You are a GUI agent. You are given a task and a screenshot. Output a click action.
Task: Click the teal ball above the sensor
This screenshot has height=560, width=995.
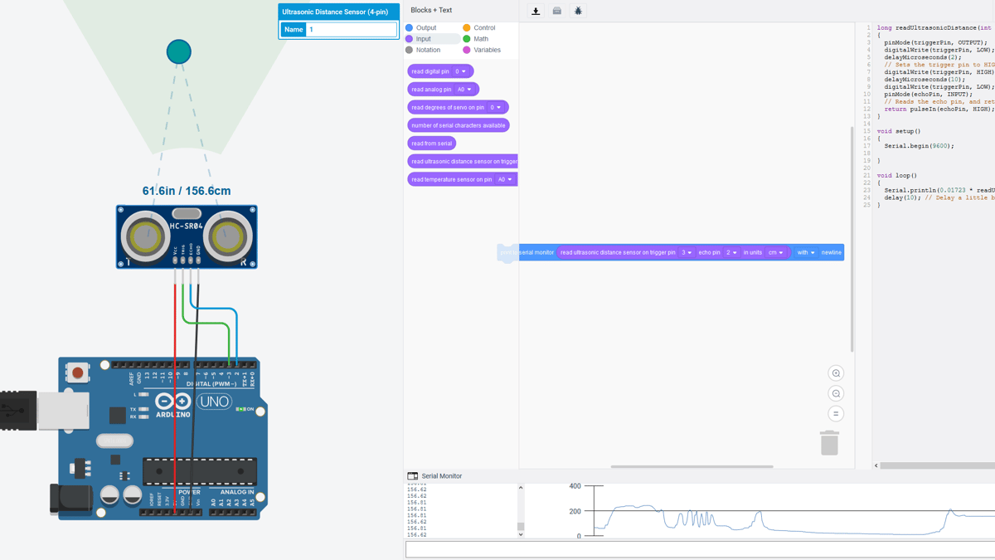pyautogui.click(x=178, y=51)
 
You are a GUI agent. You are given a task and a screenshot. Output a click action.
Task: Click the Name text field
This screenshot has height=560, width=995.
pyautogui.click(x=352, y=30)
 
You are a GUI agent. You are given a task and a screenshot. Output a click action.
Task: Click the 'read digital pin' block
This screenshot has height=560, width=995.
pyautogui.click(x=430, y=71)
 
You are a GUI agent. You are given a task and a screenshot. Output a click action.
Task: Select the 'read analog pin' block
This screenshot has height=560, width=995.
pyautogui.click(x=431, y=90)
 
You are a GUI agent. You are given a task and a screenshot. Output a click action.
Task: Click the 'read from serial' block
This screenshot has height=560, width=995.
pyautogui.click(x=431, y=144)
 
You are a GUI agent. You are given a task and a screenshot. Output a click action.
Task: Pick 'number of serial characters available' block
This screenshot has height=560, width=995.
pyautogui.click(x=458, y=125)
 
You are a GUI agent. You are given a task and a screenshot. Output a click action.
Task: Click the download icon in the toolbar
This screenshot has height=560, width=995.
pyautogui.click(x=536, y=12)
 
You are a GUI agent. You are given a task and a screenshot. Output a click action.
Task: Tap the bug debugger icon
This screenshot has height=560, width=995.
pyautogui.click(x=578, y=12)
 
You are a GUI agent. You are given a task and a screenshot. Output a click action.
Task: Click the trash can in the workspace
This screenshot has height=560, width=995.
pyautogui.click(x=829, y=443)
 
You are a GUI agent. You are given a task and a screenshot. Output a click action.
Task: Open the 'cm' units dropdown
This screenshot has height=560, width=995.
pyautogui.click(x=776, y=252)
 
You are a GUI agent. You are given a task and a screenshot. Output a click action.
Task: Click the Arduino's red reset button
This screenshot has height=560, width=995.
pyautogui.click(x=77, y=373)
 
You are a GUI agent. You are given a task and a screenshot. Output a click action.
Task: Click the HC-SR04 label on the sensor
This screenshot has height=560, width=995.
pyautogui.click(x=187, y=226)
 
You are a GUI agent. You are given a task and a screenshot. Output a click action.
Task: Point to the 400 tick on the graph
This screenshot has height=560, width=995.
pyautogui.click(x=575, y=486)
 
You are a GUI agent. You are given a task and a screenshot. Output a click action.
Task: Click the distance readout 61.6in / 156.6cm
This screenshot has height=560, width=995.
pyautogui.click(x=187, y=191)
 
